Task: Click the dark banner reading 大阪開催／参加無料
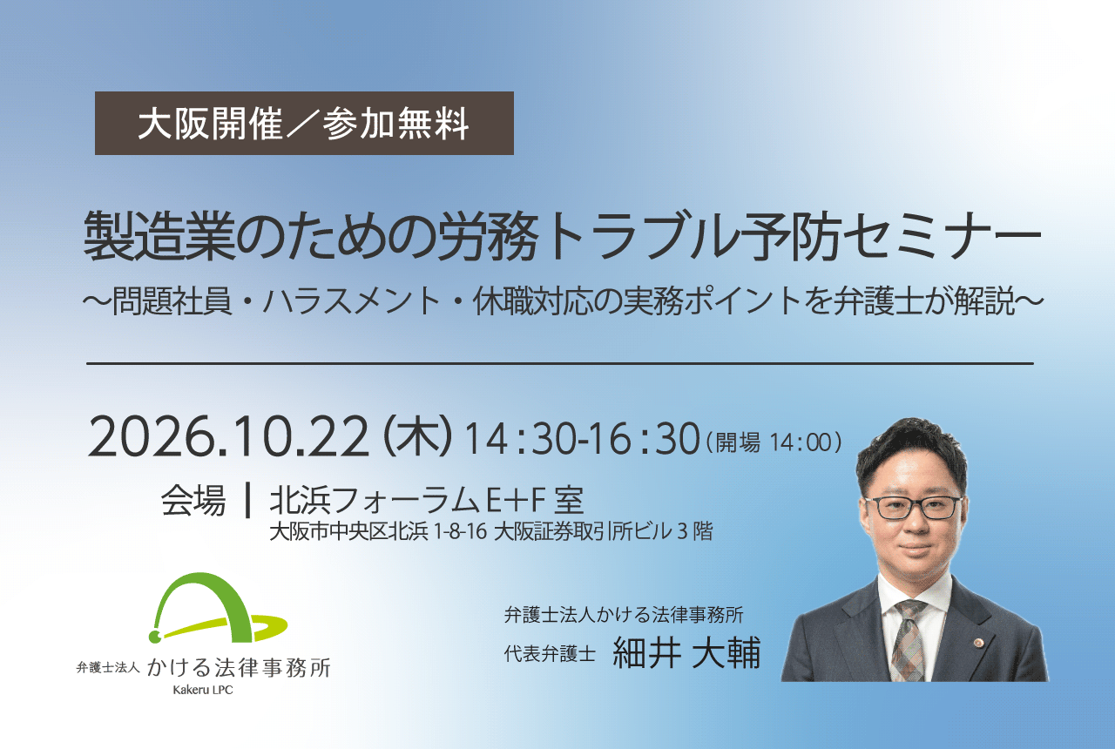(304, 123)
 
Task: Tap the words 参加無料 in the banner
(395, 124)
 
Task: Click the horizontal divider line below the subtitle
(560, 364)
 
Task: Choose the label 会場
(193, 500)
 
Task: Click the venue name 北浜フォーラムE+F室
(427, 500)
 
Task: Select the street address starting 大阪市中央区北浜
(490, 532)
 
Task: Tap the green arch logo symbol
(218, 607)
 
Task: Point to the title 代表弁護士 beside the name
(550, 653)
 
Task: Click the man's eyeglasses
(912, 508)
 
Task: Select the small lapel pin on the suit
(978, 643)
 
